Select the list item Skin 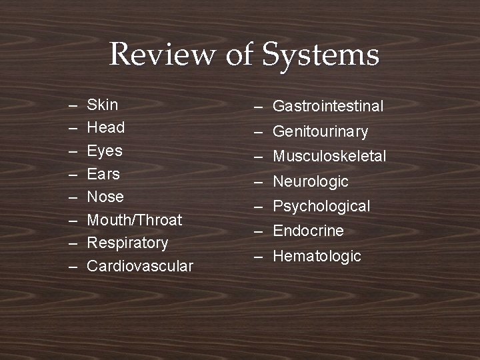click(103, 105)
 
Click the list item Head click(106, 127)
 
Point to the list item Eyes click(105, 151)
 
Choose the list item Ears click(104, 174)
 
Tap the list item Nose click(106, 197)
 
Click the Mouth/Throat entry click(135, 220)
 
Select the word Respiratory click(128, 243)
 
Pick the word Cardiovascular click(140, 266)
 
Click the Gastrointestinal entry click(328, 106)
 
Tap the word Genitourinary click(320, 131)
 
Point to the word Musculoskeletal click(329, 156)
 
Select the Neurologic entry click(311, 181)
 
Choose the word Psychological click(321, 206)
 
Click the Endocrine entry click(308, 231)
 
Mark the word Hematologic click(317, 256)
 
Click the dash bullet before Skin click(71, 105)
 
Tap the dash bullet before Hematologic click(258, 257)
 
